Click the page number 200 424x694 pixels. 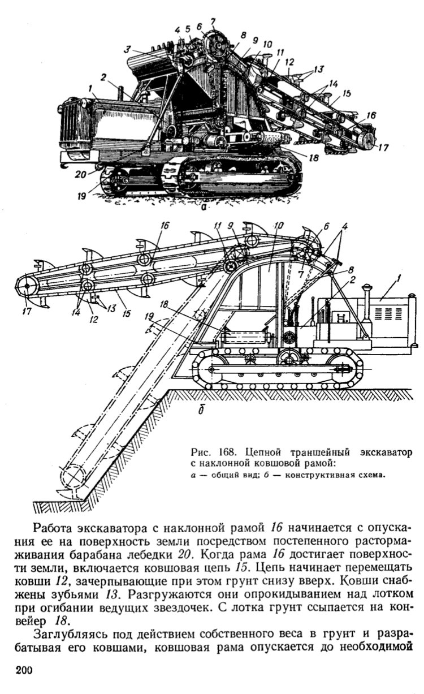coord(24,670)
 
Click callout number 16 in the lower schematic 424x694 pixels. coord(165,225)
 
